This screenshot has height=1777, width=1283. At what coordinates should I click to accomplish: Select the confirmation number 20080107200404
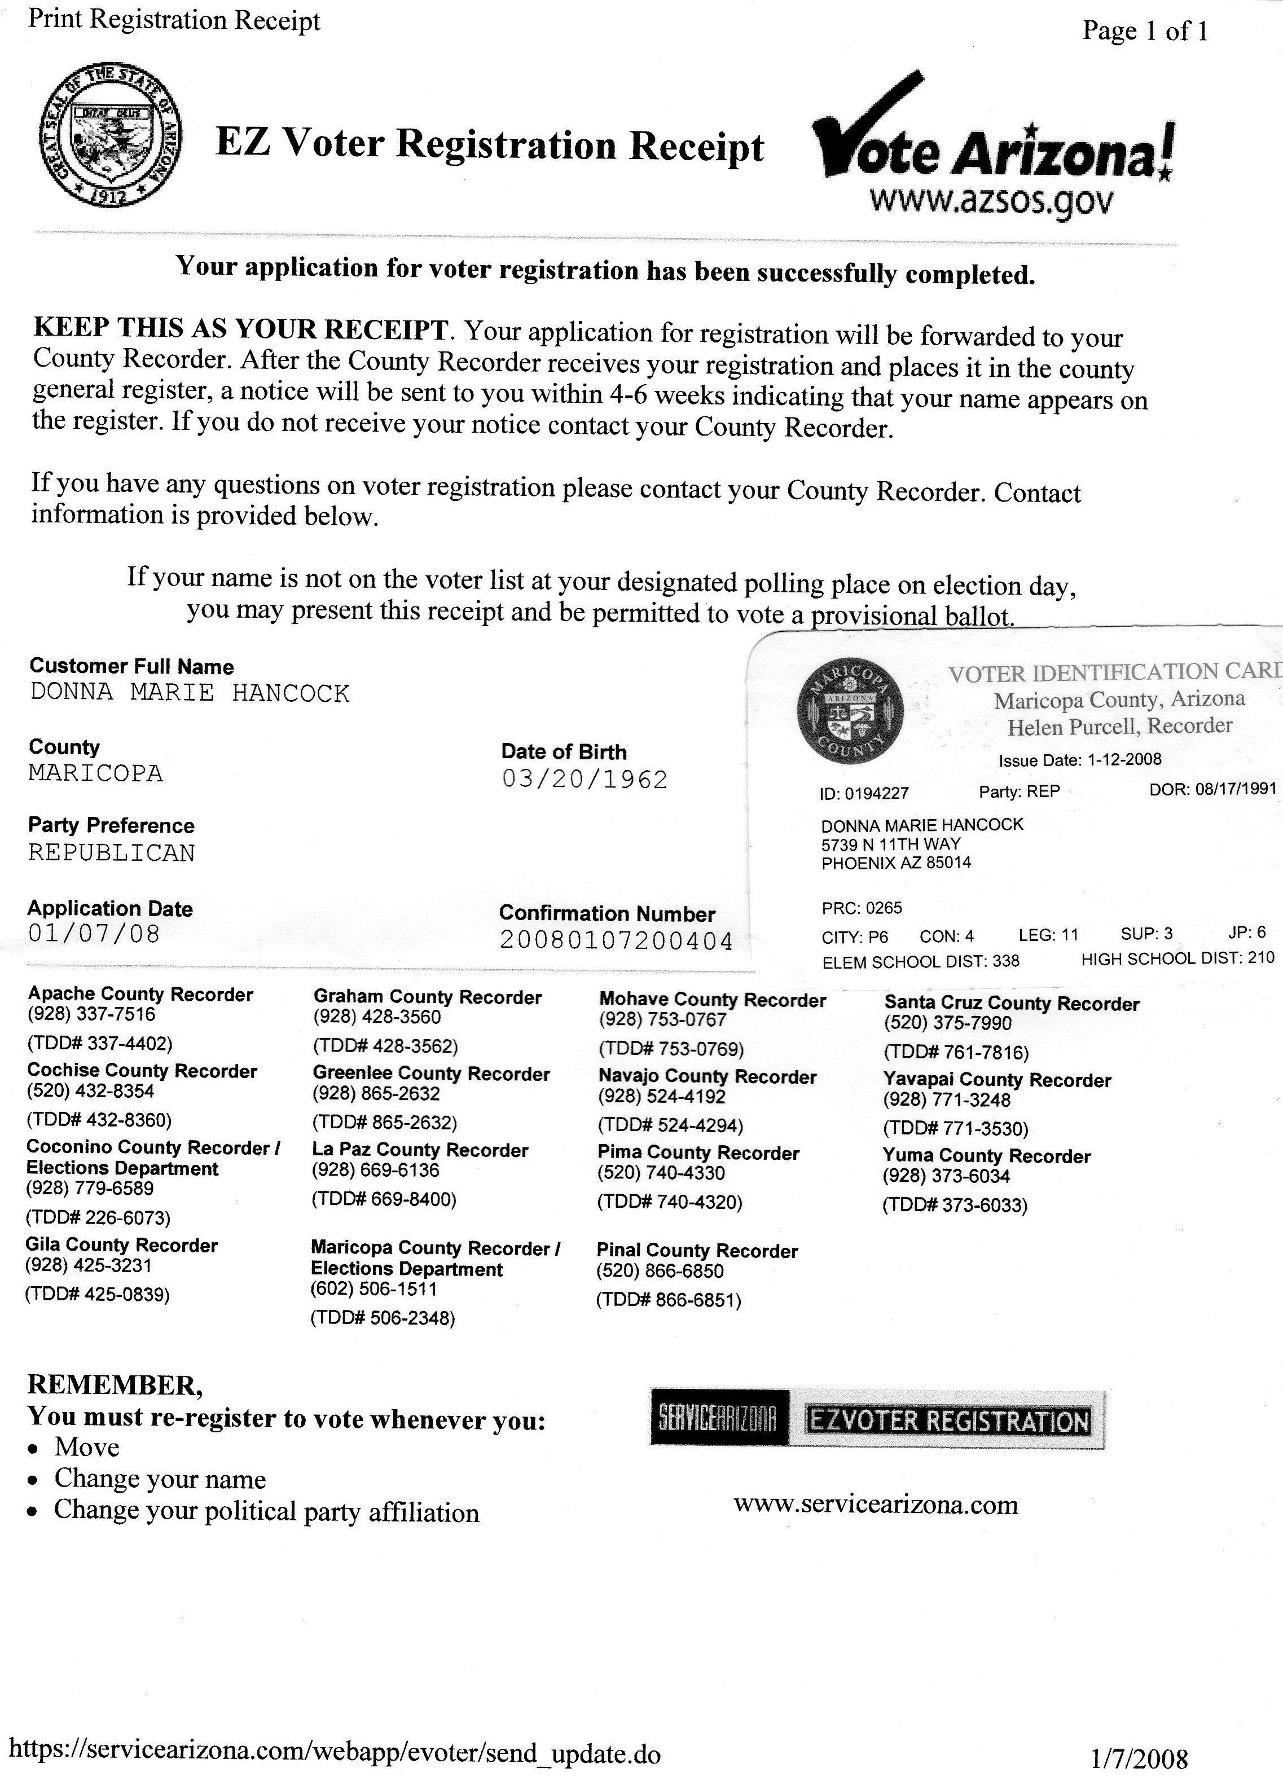coord(616,940)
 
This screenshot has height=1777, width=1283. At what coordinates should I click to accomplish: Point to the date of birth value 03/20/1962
coord(585,780)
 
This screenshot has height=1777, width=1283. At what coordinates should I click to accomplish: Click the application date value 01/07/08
coord(93,933)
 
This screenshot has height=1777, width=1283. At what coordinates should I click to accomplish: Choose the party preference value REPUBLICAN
coord(111,852)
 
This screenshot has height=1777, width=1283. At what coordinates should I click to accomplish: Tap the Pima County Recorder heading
coord(697,1153)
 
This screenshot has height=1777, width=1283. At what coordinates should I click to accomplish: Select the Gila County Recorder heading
coord(121,1245)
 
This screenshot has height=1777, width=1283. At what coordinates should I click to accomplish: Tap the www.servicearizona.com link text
coord(876,1505)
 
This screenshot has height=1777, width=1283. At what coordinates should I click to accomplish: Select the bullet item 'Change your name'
coord(160,1479)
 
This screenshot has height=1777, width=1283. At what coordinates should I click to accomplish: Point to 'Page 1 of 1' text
coord(1144,32)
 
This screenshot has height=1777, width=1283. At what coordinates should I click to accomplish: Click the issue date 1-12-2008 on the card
coord(1124,759)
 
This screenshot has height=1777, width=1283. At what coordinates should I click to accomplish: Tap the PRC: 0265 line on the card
coord(862,908)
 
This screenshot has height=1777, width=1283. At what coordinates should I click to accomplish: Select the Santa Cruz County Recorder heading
coord(1011,1004)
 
